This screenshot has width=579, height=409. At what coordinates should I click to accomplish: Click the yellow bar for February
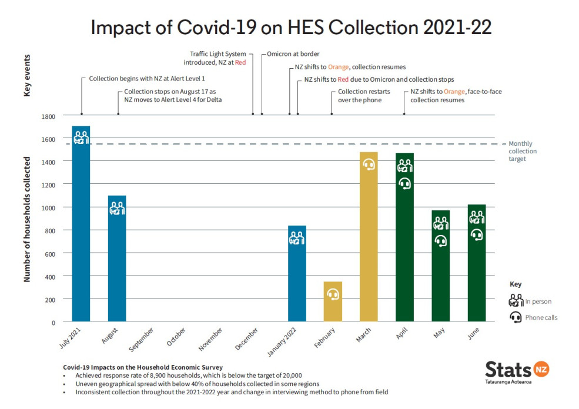coord(333,306)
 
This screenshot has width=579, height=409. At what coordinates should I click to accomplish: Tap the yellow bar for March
coord(369,247)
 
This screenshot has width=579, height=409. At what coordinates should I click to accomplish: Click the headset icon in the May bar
coord(441,241)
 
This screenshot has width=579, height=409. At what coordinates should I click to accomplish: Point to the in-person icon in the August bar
coord(117,208)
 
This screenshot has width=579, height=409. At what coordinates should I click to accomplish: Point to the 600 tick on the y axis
coord(50,253)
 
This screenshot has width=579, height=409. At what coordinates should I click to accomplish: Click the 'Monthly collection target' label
coord(523,151)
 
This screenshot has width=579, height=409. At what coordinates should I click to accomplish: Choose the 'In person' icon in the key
coord(516,301)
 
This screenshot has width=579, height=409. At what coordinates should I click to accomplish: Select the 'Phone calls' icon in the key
coord(516,317)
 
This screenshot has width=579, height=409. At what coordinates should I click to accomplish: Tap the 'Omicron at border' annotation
coord(293,54)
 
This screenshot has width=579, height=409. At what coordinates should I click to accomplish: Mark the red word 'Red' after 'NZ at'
coord(240,62)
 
